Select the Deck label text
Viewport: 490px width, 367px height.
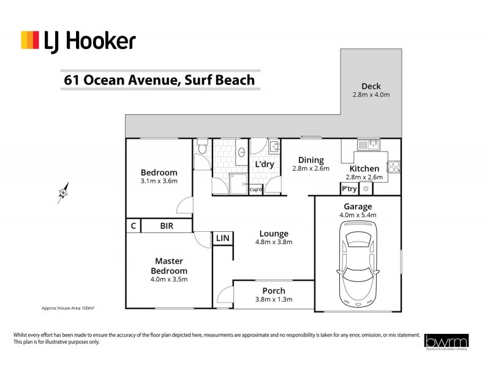click(x=371, y=86)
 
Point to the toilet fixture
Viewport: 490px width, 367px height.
click(x=202, y=158)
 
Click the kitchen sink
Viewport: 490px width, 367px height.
click(x=368, y=145)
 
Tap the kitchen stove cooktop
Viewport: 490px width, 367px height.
click(x=394, y=166)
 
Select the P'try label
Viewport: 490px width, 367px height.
click(x=349, y=189)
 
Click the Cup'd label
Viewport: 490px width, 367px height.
click(x=257, y=190)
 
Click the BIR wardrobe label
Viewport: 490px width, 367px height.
click(x=167, y=226)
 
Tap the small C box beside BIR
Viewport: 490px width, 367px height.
click(x=133, y=226)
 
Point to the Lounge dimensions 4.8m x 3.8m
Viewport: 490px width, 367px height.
click(x=274, y=242)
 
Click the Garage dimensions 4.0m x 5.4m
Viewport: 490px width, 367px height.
click(x=358, y=215)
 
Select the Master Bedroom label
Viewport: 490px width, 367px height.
click(x=168, y=265)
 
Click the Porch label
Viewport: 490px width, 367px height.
click(x=274, y=291)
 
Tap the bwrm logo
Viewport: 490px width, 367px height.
click(x=447, y=340)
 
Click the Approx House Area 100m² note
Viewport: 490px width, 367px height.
click(x=67, y=308)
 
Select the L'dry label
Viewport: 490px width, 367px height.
click(x=264, y=165)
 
